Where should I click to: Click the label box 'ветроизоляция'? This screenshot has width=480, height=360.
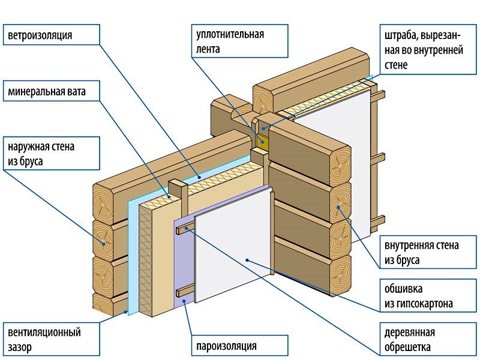(52, 35)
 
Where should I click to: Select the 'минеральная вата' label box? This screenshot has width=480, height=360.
(52, 92)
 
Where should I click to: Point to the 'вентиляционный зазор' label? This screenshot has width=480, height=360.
(52, 339)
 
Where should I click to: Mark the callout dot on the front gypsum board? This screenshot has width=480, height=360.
(247, 259)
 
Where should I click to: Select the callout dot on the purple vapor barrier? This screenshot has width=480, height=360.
(185, 295)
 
